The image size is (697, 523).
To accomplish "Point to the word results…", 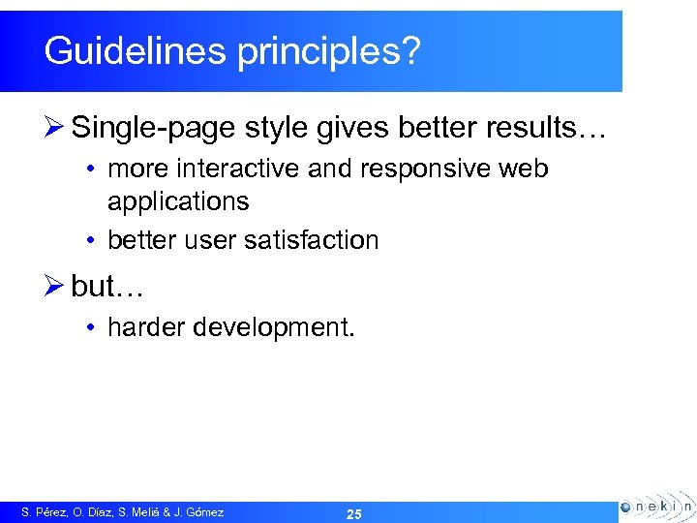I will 555,127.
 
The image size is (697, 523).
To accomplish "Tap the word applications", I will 178,202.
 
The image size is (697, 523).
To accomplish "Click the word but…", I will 106,288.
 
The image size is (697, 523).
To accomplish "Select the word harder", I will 146,328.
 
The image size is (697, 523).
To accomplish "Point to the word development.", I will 274,329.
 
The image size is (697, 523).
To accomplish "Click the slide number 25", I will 353,514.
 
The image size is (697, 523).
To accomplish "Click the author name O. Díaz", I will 95,512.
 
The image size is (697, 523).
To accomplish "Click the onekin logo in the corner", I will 656,506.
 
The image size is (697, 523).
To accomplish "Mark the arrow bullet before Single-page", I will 54,127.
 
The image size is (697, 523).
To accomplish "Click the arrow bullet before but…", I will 54,288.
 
